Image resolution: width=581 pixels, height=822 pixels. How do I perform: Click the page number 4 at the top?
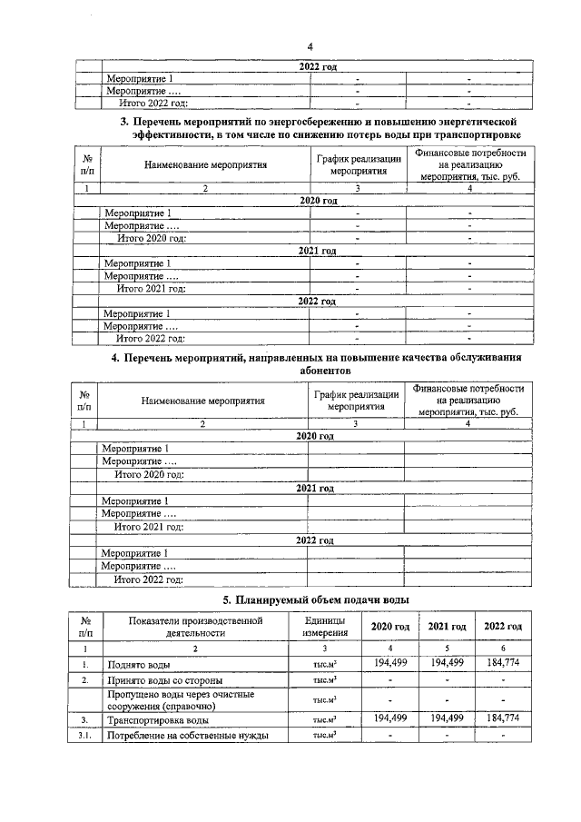tap(310, 47)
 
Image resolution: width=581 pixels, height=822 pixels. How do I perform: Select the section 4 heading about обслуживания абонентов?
tap(317, 364)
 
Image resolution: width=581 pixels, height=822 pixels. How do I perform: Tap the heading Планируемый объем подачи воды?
tap(316, 600)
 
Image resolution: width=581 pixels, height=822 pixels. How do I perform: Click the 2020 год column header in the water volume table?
tap(389, 628)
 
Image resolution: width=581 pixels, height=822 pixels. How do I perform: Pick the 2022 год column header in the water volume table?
tap(502, 628)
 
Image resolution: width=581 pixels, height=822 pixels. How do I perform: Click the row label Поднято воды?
tap(138, 665)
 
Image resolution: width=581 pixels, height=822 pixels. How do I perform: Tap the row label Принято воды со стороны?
tap(162, 680)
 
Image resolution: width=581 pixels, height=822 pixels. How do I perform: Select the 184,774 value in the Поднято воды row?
tap(502, 664)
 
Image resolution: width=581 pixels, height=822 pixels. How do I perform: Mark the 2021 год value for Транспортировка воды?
tap(447, 718)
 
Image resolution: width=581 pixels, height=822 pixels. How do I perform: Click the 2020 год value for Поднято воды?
tap(389, 664)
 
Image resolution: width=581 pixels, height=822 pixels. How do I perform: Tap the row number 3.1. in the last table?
tap(84, 736)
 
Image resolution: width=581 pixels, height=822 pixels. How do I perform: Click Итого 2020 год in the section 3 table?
tap(153, 238)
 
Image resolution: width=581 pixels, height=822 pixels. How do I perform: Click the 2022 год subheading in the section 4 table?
tap(315, 540)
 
